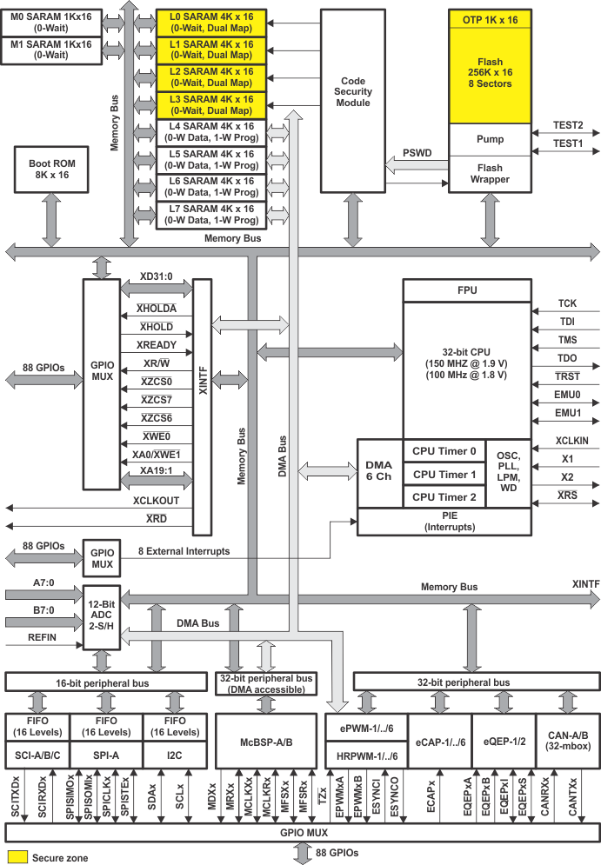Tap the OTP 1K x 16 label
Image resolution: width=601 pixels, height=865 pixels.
coord(490,18)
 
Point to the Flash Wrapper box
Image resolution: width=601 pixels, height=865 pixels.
coord(490,174)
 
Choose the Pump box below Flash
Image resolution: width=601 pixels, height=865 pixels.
coord(490,139)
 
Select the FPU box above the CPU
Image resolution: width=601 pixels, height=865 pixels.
coord(467,290)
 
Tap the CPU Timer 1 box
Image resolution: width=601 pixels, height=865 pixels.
coord(444,474)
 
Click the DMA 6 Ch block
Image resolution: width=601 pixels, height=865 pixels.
coord(379,474)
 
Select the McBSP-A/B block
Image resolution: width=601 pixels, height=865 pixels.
coord(265,742)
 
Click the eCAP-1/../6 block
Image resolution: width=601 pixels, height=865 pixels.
coord(438,742)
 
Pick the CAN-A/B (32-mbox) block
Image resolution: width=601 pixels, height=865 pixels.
coord(568,742)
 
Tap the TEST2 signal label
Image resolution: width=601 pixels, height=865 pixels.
coord(568,125)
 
